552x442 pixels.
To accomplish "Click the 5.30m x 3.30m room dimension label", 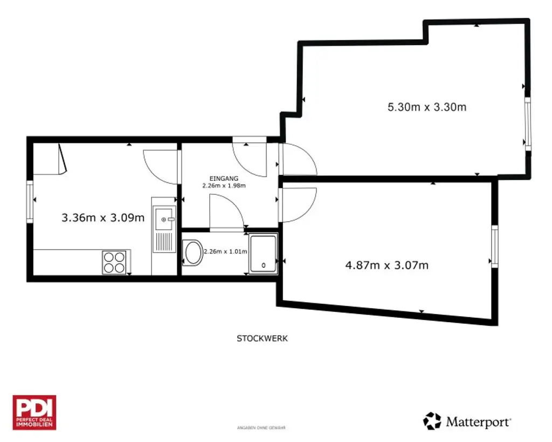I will point(427,107).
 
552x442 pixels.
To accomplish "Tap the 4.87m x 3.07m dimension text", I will point(387,265).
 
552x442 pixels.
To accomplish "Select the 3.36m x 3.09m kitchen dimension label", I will point(103,218).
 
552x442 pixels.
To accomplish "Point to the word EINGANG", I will point(224,178).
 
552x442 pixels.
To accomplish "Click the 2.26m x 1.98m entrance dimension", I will point(224,186).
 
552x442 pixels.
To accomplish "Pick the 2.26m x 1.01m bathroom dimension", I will point(225,251).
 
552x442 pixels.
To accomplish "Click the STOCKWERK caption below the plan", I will point(263,338).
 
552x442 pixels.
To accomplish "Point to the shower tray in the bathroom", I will point(263,253).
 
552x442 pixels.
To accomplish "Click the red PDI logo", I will point(34,412).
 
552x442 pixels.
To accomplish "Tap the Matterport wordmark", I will point(478,421).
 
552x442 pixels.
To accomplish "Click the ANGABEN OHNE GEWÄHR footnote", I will point(261,428).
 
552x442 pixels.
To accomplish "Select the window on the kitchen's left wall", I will point(30,201).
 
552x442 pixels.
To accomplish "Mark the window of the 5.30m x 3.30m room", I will point(528,124).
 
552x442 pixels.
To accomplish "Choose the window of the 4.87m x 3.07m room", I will point(494,246).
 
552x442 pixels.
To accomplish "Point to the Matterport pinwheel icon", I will point(432,421).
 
